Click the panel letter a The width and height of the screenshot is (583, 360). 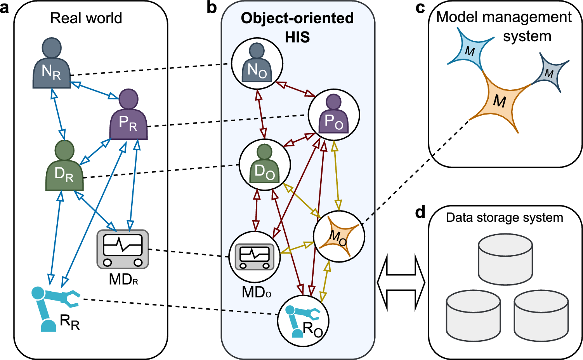click(5, 8)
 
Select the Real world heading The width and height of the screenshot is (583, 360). click(86, 18)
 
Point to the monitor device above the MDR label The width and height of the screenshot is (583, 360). click(123, 249)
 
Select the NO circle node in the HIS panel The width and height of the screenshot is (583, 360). click(257, 63)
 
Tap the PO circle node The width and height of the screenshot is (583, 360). click(334, 115)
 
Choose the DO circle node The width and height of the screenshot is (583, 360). click(265, 165)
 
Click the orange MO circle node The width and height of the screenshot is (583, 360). click(339, 237)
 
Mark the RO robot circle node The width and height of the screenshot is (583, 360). click(303, 321)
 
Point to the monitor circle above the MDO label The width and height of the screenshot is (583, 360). click(255, 256)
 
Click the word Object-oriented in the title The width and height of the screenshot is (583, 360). click(297, 18)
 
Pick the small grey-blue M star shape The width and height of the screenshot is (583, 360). click(549, 73)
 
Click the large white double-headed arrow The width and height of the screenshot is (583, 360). click(401, 282)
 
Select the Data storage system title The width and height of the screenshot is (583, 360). click(505, 217)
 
